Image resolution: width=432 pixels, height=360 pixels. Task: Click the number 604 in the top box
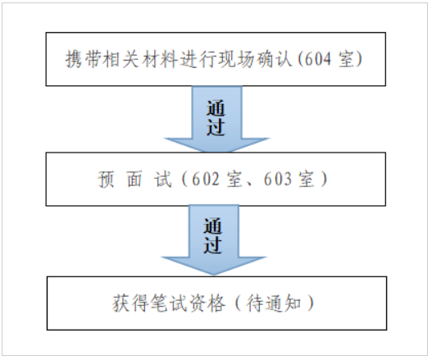317,59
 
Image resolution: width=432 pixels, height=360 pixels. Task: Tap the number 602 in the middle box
206,179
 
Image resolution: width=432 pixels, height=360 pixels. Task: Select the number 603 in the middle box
277,179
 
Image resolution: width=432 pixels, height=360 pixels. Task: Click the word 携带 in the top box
84,59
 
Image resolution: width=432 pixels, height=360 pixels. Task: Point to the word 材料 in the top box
160,59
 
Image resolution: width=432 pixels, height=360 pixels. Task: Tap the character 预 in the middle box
106,179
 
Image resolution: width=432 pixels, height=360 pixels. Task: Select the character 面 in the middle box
134,179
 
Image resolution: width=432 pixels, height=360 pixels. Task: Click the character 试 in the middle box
163,179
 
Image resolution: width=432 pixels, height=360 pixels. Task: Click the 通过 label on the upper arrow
216,118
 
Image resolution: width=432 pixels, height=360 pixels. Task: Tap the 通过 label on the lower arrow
212,235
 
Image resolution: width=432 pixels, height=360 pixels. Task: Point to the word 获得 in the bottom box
131,303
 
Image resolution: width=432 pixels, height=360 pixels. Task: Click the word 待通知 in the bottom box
274,303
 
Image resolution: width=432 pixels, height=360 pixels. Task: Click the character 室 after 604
346,59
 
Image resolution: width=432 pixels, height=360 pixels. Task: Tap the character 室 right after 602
234,179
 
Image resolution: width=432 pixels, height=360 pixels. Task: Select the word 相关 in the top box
122,59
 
